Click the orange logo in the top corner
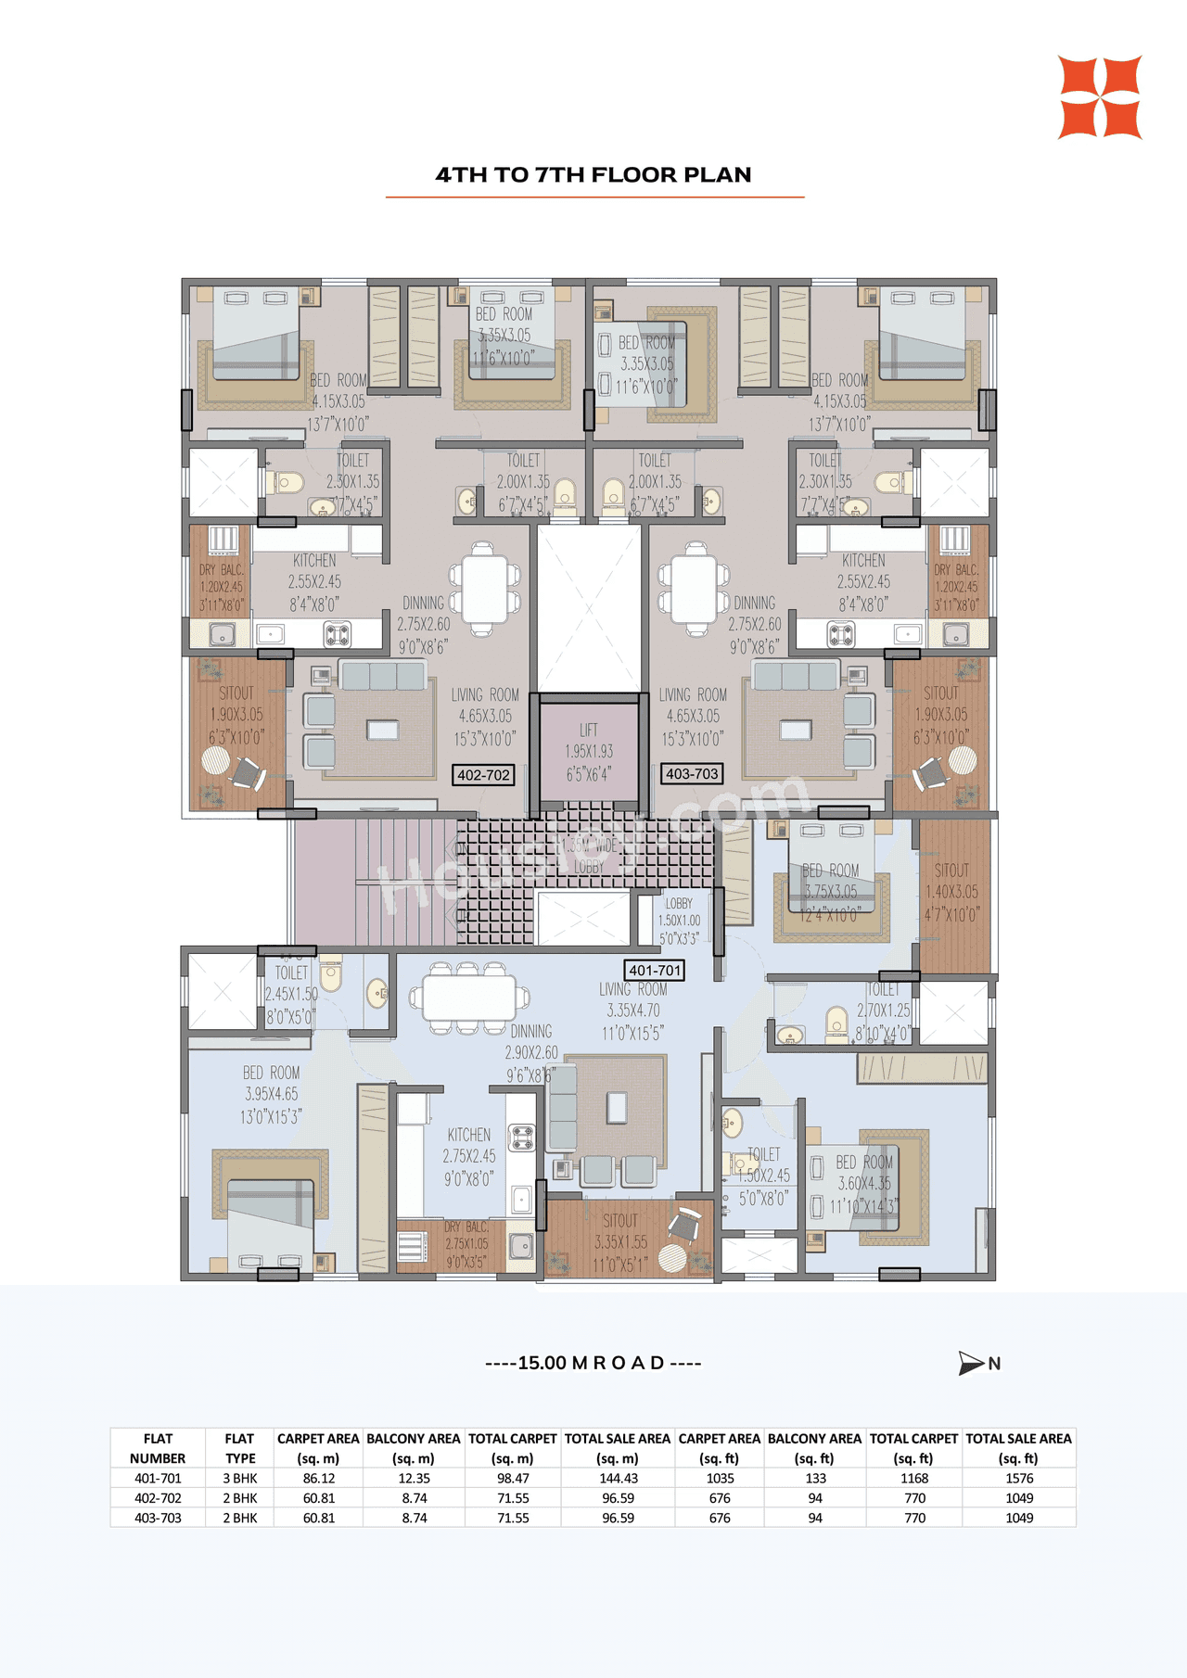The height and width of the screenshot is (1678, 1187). click(x=1100, y=97)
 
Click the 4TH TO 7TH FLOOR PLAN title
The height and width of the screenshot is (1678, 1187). click(x=593, y=174)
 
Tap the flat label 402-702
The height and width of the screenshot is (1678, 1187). click(x=483, y=774)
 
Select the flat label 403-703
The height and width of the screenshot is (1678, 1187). click(x=692, y=773)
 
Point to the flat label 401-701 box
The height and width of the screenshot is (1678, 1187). click(x=655, y=971)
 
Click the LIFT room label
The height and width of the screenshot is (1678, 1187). click(x=589, y=752)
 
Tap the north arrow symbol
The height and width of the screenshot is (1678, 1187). click(x=972, y=1363)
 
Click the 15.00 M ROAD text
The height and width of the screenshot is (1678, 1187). click(x=593, y=1363)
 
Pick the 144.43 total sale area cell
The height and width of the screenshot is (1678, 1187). click(x=618, y=1479)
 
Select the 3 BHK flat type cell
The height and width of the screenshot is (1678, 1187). click(x=239, y=1479)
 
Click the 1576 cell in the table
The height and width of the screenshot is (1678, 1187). click(x=1018, y=1479)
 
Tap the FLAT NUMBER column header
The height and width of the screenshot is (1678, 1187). click(x=158, y=1448)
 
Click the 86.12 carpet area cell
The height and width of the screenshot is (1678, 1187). click(x=318, y=1479)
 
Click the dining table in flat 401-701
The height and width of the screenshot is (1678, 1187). click(x=470, y=999)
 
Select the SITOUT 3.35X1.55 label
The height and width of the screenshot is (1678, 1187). click(x=619, y=1242)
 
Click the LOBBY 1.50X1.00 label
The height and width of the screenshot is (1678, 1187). click(x=679, y=921)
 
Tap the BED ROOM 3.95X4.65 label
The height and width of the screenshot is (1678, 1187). click(x=271, y=1094)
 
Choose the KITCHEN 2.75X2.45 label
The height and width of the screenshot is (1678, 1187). click(x=469, y=1156)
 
